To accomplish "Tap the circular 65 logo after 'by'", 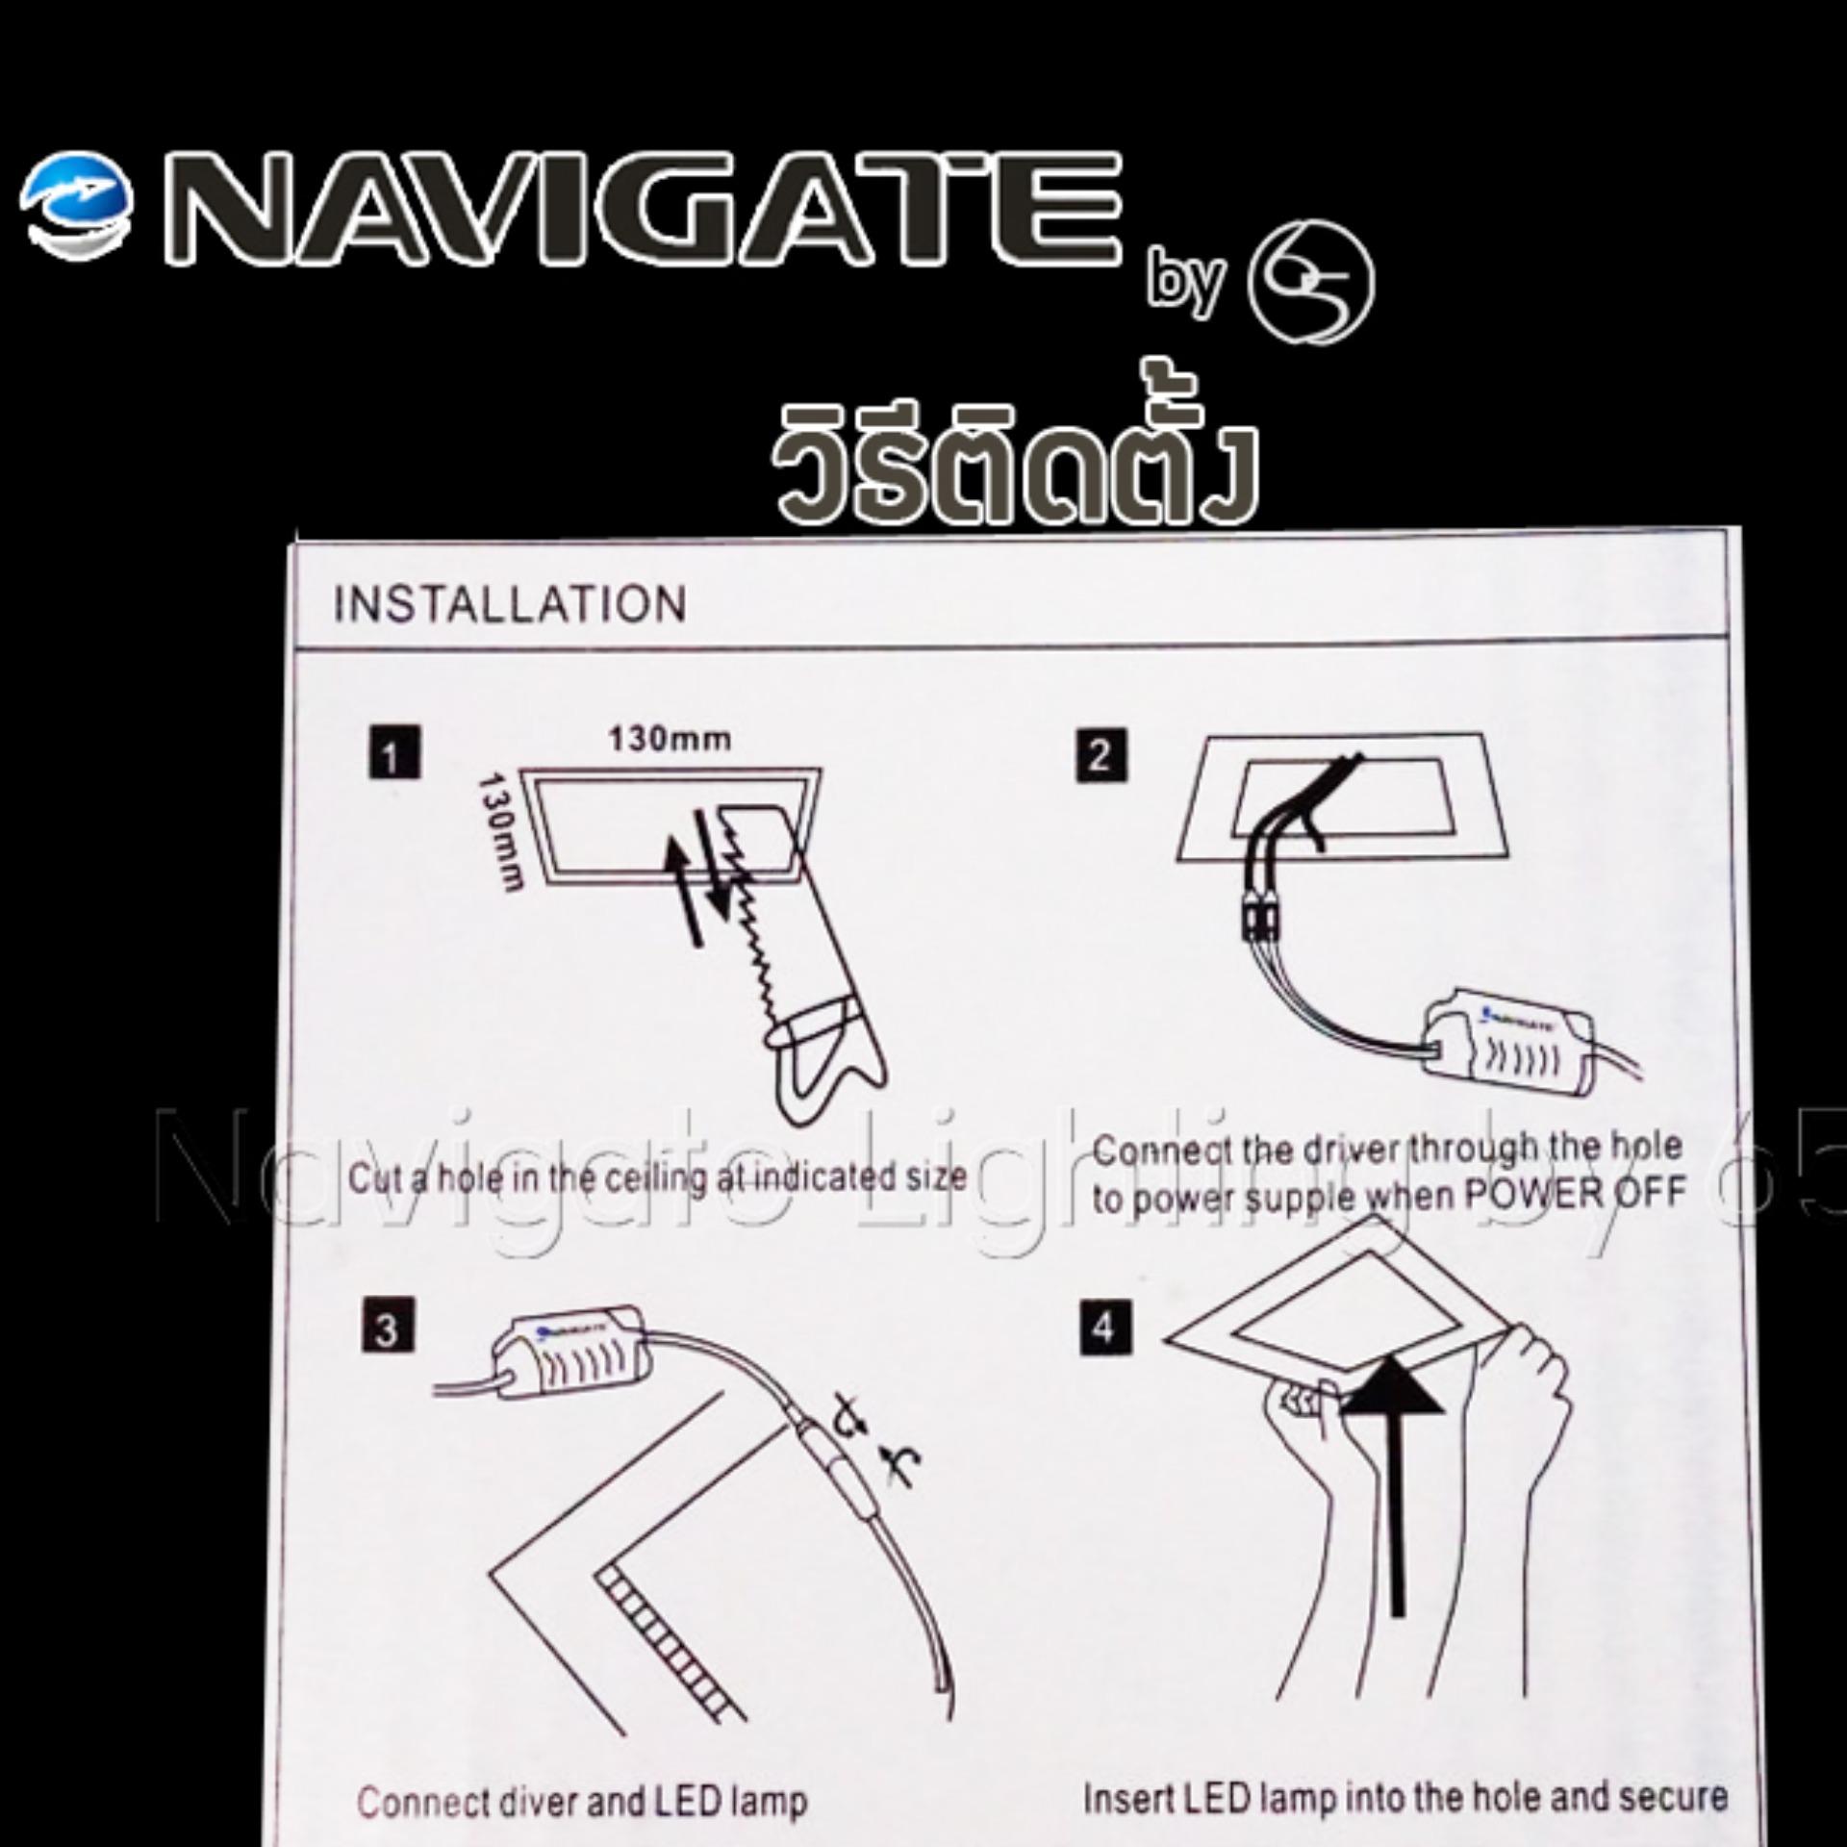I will (x=1310, y=282).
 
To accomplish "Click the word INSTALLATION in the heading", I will (x=510, y=605).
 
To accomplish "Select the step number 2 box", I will (x=1101, y=755).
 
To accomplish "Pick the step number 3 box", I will (x=388, y=1327).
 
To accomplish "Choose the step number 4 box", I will (x=1103, y=1328).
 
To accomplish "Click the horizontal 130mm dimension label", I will (x=669, y=739).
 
